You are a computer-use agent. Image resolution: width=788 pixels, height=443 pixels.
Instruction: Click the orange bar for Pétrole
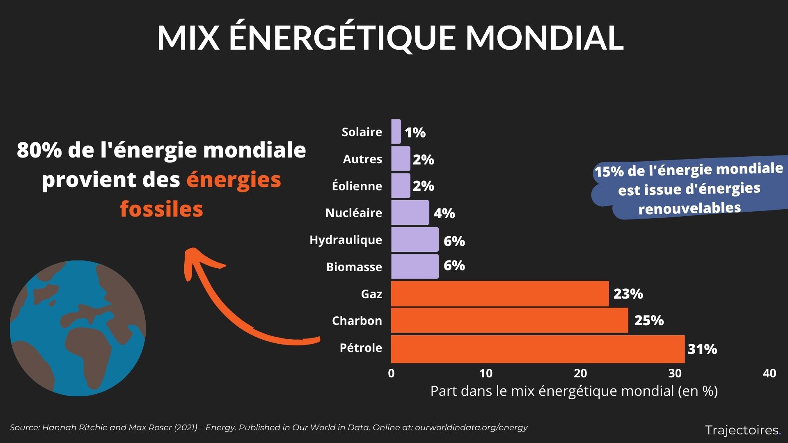(538, 349)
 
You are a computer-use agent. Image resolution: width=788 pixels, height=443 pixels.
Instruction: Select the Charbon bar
(509, 320)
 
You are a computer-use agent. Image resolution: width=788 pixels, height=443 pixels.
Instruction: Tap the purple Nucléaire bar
(410, 212)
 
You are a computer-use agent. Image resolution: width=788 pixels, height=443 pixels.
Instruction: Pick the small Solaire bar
(396, 132)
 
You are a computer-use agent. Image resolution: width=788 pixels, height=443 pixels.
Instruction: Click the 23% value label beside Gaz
(628, 294)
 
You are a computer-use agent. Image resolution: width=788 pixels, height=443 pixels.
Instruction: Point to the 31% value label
(702, 349)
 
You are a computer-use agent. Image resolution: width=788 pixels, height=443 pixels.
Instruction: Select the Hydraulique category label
(346, 240)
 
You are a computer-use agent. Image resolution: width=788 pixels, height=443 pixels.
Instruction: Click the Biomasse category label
(354, 267)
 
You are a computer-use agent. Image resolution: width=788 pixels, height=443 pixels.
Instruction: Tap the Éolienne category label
(357, 186)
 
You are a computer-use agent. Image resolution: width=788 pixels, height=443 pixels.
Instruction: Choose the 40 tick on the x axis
(769, 373)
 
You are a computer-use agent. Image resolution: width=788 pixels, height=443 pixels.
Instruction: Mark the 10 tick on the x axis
(486, 373)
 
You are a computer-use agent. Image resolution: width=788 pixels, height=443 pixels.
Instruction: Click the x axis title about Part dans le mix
(574, 391)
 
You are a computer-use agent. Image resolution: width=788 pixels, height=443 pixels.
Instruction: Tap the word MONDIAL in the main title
(544, 38)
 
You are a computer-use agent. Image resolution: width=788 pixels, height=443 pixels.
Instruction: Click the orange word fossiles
(161, 209)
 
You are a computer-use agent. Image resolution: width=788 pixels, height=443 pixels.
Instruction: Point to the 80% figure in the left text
(39, 150)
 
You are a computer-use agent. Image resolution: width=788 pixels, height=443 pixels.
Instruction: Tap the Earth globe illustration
(78, 328)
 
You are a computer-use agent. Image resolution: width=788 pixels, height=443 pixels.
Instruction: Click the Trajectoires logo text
(742, 430)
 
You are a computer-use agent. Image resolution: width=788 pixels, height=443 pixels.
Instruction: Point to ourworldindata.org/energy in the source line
(471, 427)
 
